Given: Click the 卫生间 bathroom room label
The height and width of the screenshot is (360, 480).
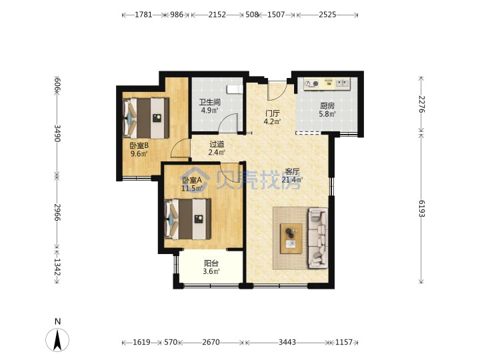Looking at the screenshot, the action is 210,101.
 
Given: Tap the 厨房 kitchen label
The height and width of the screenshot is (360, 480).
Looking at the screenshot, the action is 327,106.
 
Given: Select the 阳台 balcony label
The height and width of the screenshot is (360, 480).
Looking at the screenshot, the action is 211,263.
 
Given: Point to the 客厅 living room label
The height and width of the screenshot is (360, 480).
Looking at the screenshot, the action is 292,171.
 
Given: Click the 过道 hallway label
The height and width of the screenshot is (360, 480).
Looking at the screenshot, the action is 217,144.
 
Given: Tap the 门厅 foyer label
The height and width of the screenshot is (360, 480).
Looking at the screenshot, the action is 272,113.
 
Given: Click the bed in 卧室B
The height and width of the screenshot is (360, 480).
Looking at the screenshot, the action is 146,118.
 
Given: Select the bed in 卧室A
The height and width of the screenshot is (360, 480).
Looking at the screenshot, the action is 187,219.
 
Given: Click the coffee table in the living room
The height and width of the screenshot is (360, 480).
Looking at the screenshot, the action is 291,239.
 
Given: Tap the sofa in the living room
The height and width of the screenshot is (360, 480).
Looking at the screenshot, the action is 318,238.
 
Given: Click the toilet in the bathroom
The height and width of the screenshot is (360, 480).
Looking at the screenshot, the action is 235,89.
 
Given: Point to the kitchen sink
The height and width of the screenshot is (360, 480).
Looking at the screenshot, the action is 343,83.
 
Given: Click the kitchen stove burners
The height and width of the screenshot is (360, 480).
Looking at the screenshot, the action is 311,83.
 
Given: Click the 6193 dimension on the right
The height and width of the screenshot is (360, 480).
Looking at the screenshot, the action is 421,209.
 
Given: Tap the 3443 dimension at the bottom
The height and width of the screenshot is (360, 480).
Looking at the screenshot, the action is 287,342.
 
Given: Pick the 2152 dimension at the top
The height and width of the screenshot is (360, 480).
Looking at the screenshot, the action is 217,15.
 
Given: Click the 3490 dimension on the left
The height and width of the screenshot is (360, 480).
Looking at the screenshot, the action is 57,133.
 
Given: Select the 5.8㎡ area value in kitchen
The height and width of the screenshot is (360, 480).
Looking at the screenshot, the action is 327,114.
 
